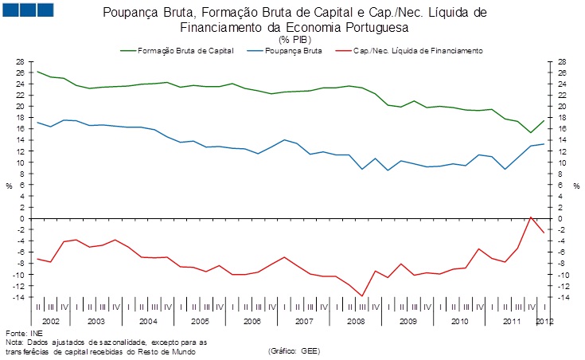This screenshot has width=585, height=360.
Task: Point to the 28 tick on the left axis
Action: [21, 61]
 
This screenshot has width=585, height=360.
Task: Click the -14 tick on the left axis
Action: [19, 297]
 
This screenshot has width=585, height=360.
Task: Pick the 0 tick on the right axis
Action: [560, 218]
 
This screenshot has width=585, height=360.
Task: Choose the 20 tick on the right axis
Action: [562, 106]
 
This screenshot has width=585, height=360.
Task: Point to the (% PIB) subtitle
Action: [294, 38]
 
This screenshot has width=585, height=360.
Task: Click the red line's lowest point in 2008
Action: [362, 296]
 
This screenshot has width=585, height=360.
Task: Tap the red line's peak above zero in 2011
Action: [531, 216]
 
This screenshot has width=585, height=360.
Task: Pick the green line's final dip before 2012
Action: [531, 133]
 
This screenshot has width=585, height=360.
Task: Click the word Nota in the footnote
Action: [14, 341]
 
